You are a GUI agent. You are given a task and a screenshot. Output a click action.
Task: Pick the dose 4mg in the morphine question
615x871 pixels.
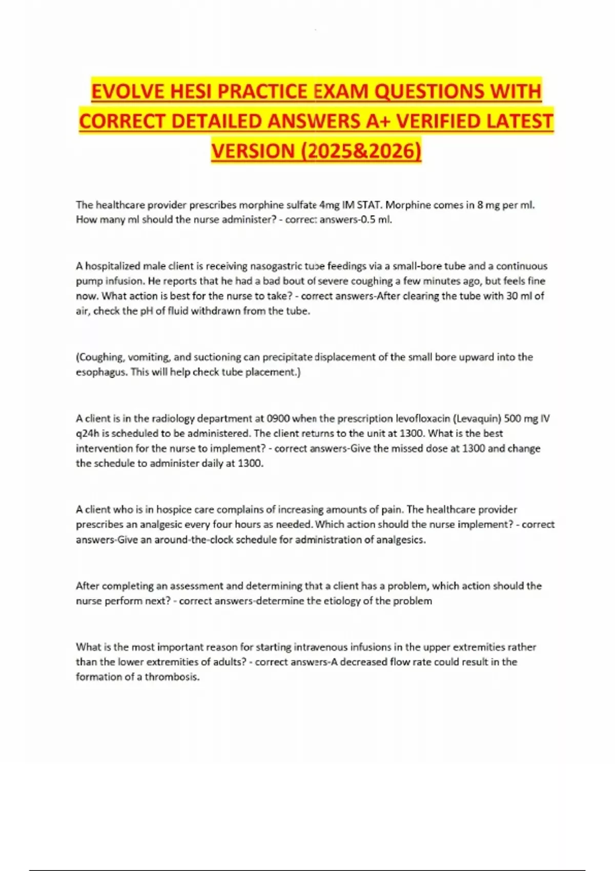pos(329,205)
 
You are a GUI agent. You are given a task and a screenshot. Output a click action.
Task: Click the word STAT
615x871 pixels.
pos(368,205)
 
